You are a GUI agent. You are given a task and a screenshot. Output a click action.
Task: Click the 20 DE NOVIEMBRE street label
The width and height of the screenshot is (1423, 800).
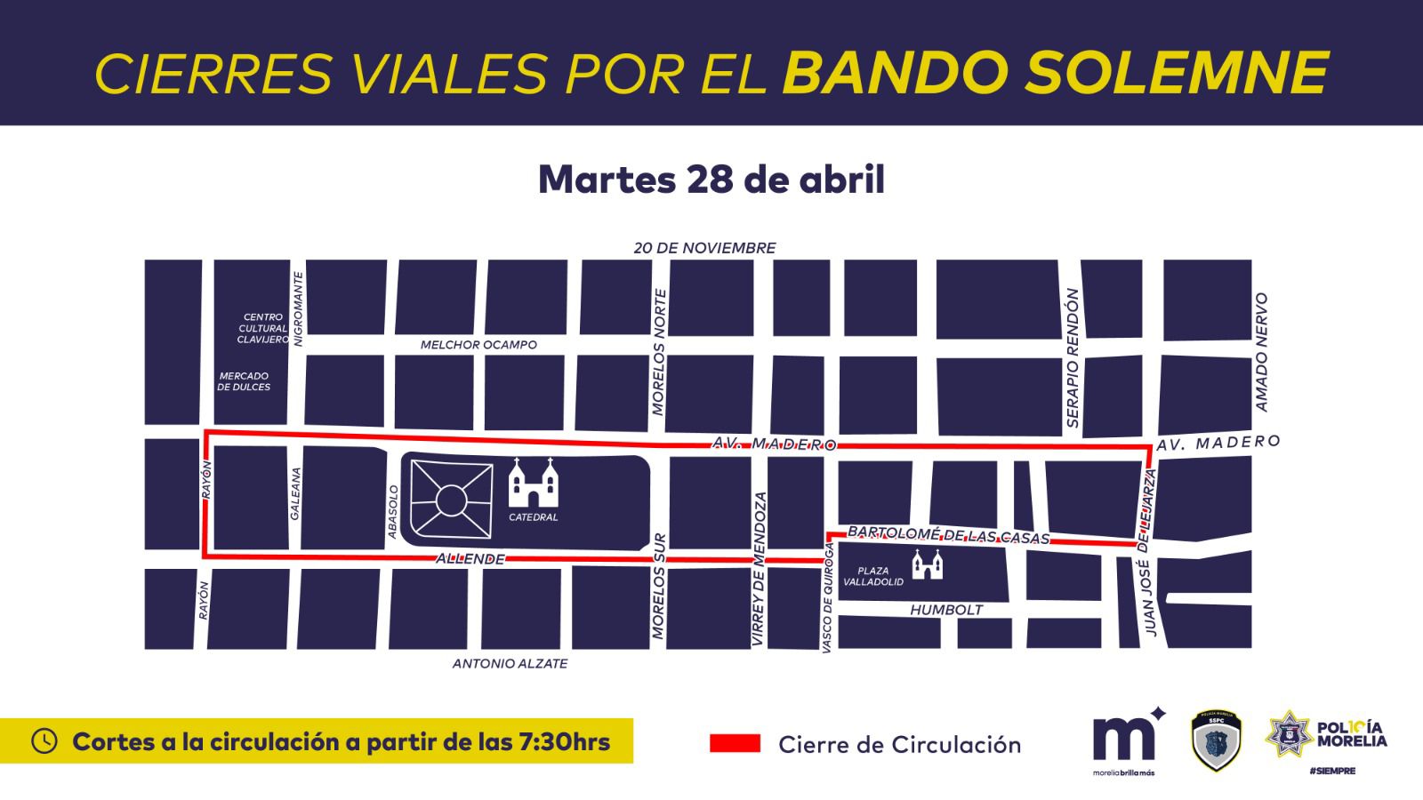[x=704, y=248]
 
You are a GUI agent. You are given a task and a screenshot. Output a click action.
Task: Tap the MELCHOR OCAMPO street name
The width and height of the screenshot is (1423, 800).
[x=478, y=345]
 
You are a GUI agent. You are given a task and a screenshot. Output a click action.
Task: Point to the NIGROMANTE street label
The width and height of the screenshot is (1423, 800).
[x=299, y=308]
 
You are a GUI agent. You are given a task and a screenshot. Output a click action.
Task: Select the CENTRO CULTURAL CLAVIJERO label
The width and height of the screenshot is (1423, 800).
[x=262, y=328]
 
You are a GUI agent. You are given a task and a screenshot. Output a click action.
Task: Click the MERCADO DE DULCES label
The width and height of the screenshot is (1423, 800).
[x=244, y=381]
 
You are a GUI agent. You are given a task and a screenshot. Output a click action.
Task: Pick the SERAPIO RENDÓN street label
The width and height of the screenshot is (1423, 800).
[x=1073, y=357]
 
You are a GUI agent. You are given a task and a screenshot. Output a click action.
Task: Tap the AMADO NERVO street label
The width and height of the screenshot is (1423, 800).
[x=1260, y=352]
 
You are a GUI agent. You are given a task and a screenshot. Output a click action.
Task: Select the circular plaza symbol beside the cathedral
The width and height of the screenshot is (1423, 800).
[x=452, y=500]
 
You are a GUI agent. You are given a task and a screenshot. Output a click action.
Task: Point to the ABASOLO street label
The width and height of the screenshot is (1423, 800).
[x=393, y=511]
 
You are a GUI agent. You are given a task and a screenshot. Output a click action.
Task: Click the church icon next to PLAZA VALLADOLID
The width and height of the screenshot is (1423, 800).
[x=927, y=564]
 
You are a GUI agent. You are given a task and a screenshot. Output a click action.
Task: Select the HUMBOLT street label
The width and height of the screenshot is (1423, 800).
[x=946, y=610]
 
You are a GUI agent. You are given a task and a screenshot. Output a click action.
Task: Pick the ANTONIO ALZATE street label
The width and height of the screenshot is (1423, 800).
[x=510, y=664]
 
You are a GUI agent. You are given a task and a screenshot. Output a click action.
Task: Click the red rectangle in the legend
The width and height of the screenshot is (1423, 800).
[x=735, y=744]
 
